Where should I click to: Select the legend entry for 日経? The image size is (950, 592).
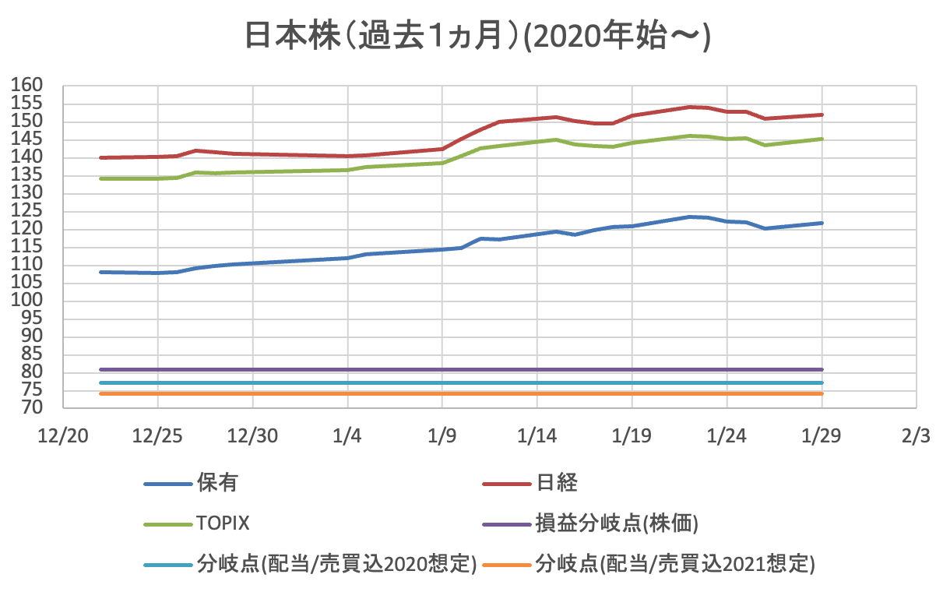point(557,483)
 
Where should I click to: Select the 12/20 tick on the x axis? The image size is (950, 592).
point(62,435)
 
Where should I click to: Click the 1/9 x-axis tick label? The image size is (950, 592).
point(442,435)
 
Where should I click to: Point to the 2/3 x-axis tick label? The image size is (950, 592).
point(916,435)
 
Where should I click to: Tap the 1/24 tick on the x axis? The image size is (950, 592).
point(727,435)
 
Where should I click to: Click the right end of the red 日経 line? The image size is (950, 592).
point(822,115)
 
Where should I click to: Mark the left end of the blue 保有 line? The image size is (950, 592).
point(100,272)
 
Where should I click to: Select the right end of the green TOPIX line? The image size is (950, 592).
point(822,139)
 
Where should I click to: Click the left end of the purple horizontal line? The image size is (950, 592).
point(100,369)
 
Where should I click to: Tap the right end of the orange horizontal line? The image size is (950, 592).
point(822,393)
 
